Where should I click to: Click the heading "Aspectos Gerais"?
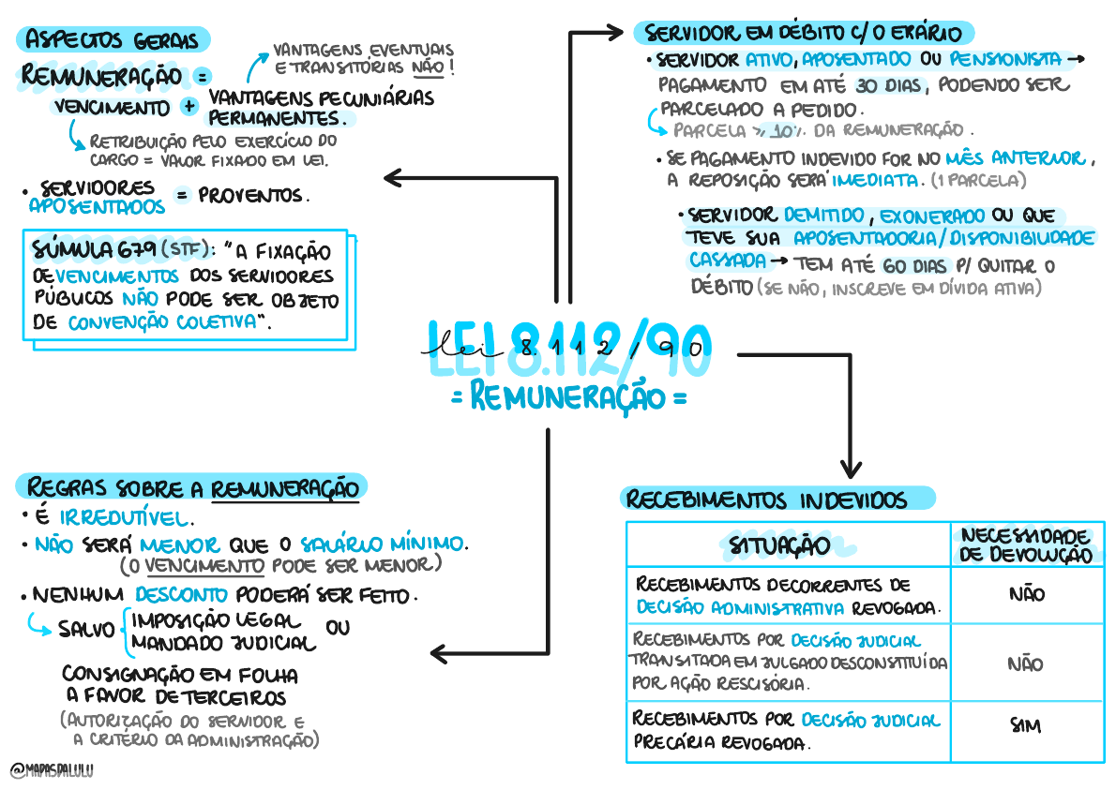click(x=113, y=40)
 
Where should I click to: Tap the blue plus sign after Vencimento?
click(x=190, y=106)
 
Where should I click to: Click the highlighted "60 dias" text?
click(x=914, y=265)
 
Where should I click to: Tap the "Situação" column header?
click(x=778, y=544)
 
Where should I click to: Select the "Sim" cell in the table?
click(x=1027, y=725)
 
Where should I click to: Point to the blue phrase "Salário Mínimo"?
click(x=382, y=544)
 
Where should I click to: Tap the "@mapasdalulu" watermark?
click(x=53, y=770)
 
